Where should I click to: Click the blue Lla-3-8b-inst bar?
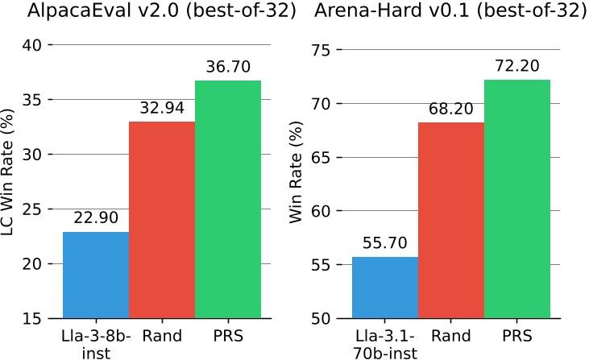[x=96, y=275]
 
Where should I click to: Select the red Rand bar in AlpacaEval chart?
[x=162, y=220]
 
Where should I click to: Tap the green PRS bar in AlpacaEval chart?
[x=228, y=199]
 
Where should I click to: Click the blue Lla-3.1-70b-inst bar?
[x=384, y=288]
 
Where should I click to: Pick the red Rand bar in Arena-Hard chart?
[x=450, y=220]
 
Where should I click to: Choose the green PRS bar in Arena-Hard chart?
[x=516, y=199]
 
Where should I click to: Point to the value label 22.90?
[x=96, y=219]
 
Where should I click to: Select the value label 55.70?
[x=384, y=244]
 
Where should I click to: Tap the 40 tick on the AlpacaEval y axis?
[x=32, y=45]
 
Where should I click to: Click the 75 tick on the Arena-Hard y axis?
[x=321, y=50]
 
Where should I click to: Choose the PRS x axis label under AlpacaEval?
[x=228, y=334]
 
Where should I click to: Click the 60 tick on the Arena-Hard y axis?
[x=321, y=211]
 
